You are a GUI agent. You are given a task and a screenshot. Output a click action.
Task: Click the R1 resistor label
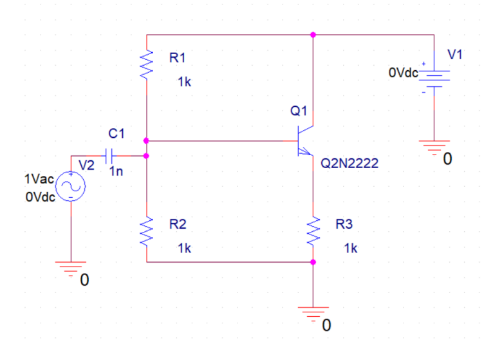click(177, 58)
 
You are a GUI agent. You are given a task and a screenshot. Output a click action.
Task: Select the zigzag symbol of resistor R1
click(147, 64)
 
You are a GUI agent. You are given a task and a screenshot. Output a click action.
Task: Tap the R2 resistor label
click(177, 225)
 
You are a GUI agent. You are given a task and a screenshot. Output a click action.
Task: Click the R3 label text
click(344, 225)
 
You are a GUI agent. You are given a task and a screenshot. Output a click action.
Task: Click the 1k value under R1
click(185, 82)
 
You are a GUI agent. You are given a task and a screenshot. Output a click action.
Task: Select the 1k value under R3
click(351, 248)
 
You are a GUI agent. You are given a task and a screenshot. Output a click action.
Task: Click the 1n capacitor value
click(116, 172)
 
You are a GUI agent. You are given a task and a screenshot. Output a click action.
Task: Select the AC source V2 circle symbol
click(71, 187)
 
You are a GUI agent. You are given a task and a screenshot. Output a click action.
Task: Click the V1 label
click(455, 55)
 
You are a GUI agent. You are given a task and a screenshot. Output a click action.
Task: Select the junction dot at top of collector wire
click(313, 35)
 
